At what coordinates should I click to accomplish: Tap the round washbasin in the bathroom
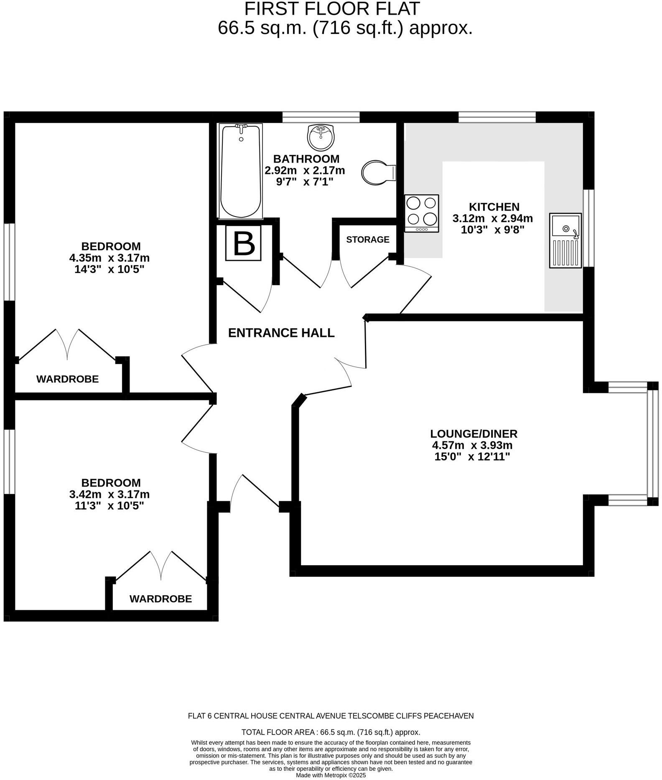(x=321, y=137)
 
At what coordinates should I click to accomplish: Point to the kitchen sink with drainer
(x=565, y=240)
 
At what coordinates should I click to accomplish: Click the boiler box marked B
(x=244, y=243)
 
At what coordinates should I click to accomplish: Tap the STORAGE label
(x=367, y=240)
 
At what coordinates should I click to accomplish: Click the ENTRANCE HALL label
(x=281, y=333)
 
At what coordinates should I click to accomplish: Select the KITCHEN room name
(x=494, y=206)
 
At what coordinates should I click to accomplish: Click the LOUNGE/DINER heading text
(x=474, y=434)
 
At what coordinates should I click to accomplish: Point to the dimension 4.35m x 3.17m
(x=109, y=257)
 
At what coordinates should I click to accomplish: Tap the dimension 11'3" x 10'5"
(x=109, y=506)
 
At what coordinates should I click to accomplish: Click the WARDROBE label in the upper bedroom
(x=67, y=379)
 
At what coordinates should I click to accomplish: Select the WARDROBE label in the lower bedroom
(x=160, y=599)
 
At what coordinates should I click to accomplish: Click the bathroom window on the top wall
(x=321, y=117)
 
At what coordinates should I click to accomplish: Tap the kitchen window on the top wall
(x=497, y=117)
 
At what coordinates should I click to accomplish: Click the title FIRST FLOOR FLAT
(x=332, y=9)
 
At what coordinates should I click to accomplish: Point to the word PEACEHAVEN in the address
(x=448, y=716)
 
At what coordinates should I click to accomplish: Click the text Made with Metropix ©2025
(x=331, y=775)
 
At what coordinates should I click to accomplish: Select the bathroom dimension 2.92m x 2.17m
(x=305, y=171)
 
